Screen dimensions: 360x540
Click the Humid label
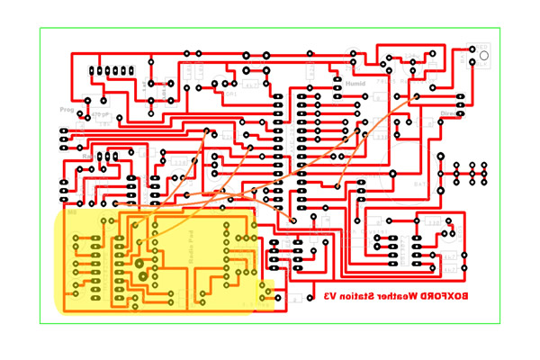coord(355,84)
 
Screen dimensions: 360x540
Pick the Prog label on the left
coord(67,110)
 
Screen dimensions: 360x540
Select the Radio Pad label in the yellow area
coord(191,245)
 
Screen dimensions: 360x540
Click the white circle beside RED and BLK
coord(483,56)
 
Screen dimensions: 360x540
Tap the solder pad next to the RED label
coord(472,50)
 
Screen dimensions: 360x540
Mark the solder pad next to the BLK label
coord(472,63)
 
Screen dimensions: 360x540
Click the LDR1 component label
coord(230,94)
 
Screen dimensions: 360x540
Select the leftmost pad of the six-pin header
coord(93,71)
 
